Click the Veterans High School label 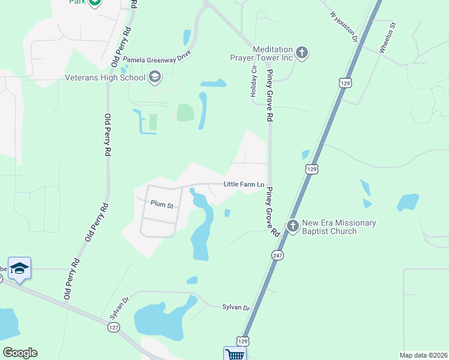pos(106,77)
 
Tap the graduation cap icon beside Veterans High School pos(155,77)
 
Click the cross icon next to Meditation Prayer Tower pos(302,53)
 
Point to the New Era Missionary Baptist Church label pos(339,227)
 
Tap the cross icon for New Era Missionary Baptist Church pos(292,226)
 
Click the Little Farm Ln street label pos(244,184)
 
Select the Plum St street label pos(162,205)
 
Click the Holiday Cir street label pos(253,83)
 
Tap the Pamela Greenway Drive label pos(157,57)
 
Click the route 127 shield pos(113,327)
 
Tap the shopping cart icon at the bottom pos(235,354)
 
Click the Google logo pos(20,353)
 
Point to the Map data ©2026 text pos(423,355)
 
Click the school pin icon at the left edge pos(19,269)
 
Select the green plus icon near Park pos(95,2)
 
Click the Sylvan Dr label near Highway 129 pos(237,307)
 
